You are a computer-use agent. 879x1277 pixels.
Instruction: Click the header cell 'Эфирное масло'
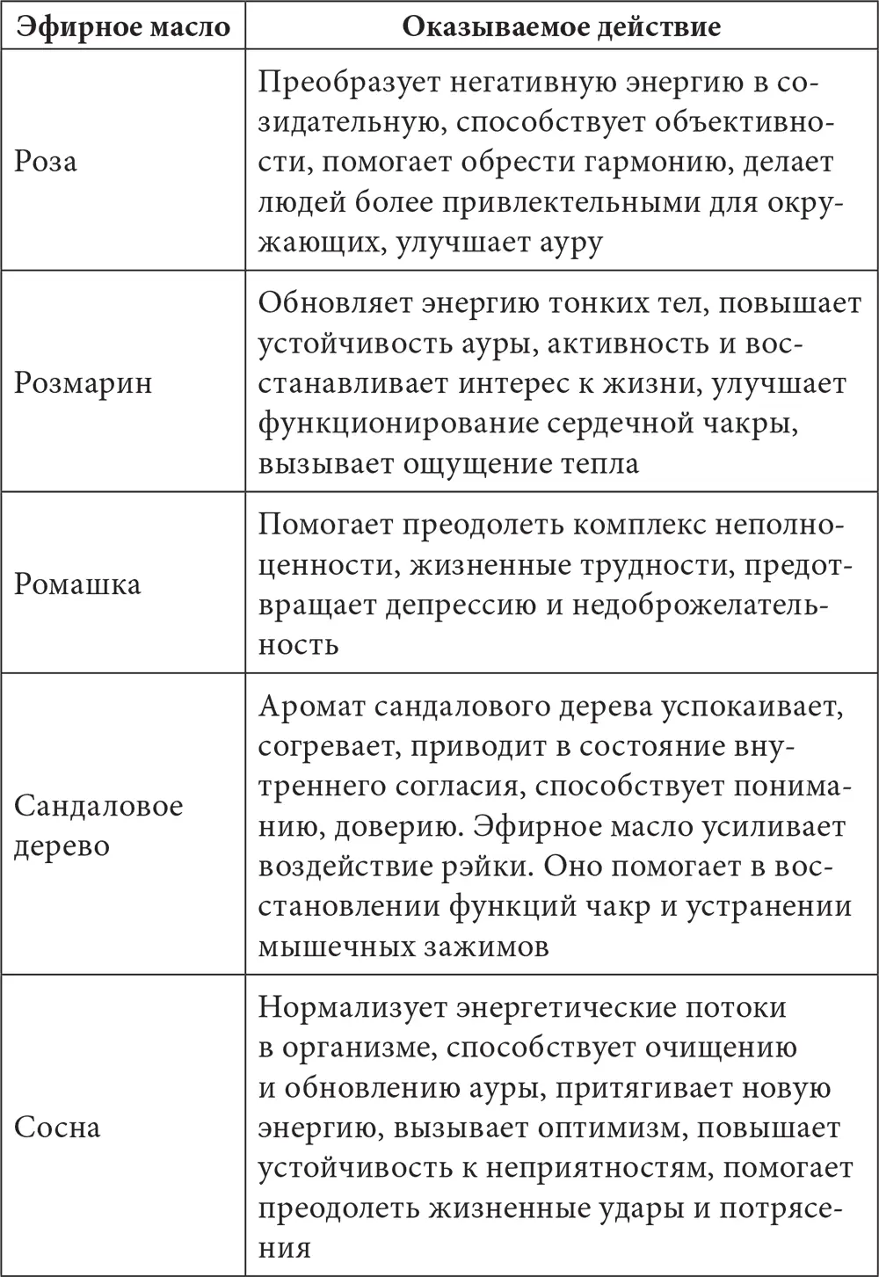coord(123,26)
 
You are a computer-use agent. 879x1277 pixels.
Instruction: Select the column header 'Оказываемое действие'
coord(561,26)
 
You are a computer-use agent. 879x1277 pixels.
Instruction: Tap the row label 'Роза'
coord(46,161)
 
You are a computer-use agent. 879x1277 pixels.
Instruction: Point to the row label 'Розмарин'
coord(83,383)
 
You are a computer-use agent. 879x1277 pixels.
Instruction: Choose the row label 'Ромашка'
coord(77,584)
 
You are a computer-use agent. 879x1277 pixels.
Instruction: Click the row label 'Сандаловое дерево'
coord(98,825)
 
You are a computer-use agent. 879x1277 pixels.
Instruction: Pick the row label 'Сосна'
coord(57,1127)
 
